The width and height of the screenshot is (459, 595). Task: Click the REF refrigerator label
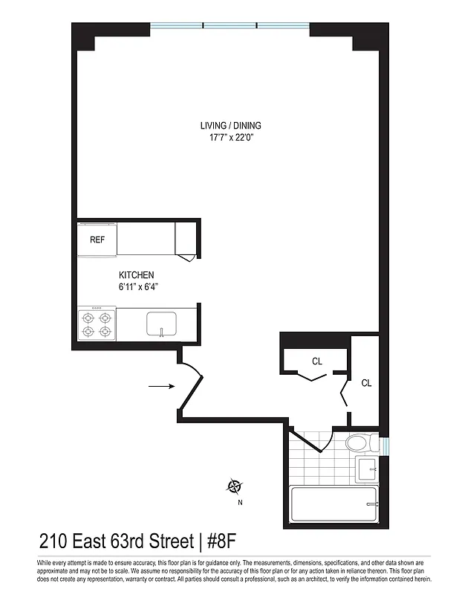pos(97,239)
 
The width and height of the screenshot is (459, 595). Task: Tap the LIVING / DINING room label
pos(230,126)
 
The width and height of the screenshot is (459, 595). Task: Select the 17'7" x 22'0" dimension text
pos(230,137)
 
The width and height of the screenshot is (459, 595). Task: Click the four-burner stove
pos(96,324)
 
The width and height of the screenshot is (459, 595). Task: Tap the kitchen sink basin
pos(161,324)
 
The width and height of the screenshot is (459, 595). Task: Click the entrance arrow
pos(160,387)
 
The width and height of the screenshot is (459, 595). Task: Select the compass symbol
pos(235,487)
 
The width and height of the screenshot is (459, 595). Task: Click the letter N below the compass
pos(240,502)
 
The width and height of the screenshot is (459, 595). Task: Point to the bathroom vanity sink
pos(368,469)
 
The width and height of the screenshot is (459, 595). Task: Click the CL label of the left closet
pos(317,361)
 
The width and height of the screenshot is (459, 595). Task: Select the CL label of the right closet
pos(366,383)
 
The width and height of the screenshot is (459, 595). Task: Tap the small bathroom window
pos(384,446)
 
